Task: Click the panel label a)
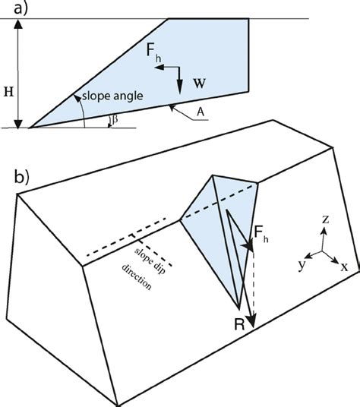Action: (x=14, y=9)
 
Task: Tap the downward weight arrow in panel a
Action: (x=181, y=78)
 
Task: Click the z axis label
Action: (x=325, y=220)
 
